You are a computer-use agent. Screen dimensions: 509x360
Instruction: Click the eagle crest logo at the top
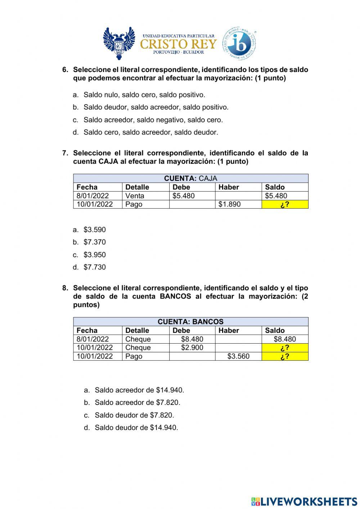point(119,43)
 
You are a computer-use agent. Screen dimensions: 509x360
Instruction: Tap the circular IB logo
point(239,43)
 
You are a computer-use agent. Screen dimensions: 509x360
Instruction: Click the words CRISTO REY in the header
point(178,44)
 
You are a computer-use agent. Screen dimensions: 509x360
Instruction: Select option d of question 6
point(150,132)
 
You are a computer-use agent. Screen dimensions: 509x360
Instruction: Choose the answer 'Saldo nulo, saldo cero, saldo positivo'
point(144,95)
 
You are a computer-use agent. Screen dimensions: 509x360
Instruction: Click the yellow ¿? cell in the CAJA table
point(285,204)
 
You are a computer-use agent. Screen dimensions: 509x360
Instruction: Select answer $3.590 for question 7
point(94,229)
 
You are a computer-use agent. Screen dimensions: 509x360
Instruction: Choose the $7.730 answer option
point(94,267)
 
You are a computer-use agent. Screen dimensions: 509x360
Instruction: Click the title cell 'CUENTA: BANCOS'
point(190,322)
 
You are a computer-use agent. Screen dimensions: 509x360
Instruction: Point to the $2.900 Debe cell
point(192,348)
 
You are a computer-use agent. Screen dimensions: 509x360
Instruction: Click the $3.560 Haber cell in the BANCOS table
point(238,356)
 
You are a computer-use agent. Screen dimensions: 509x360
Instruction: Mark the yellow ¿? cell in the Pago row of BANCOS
point(285,356)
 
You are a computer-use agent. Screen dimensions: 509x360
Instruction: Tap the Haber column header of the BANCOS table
point(229,330)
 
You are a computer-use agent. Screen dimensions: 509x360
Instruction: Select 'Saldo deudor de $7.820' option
point(134,415)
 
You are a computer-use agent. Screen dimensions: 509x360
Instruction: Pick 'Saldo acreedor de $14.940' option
point(139,390)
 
